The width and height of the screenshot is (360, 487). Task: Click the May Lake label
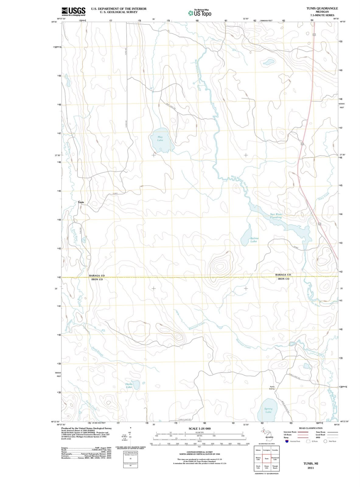coord(160,139)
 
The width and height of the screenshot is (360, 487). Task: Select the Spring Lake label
coord(268,410)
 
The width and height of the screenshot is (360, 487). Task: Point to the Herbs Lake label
coord(129,386)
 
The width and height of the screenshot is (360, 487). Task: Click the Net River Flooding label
coord(276,216)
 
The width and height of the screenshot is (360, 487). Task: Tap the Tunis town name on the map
coord(81,202)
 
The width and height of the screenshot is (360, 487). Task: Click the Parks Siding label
coord(272,388)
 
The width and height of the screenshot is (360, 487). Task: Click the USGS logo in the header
coord(73,11)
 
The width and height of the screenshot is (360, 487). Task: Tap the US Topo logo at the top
coord(200,13)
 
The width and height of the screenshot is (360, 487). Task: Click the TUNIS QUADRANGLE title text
coord(322,8)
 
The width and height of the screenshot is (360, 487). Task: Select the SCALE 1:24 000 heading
coord(200,428)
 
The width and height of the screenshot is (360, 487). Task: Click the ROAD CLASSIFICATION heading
coord(311,428)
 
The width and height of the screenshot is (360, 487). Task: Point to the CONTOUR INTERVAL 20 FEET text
coord(200,452)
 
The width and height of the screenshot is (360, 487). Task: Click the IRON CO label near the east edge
coord(283,279)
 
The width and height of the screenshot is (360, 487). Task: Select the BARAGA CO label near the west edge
coord(97,275)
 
